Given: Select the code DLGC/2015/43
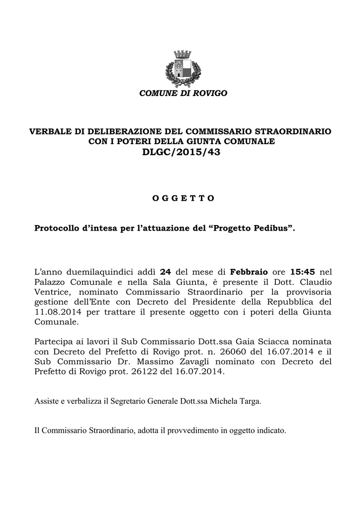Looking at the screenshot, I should click(181, 153).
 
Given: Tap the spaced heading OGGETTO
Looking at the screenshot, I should click(182, 198).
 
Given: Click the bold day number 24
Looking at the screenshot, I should click(167, 272).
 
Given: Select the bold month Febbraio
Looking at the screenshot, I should click(250, 272).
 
